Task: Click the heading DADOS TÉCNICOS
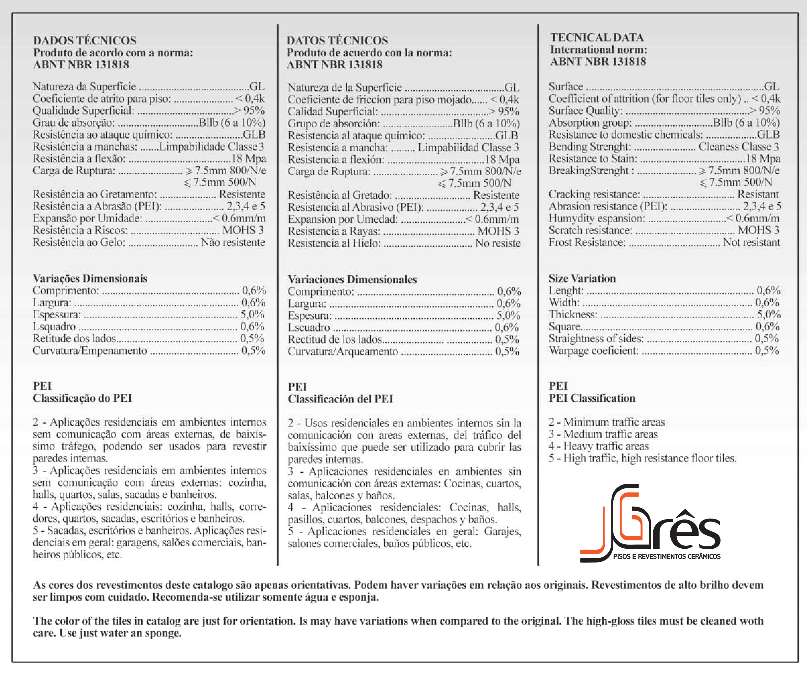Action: pyautogui.click(x=85, y=40)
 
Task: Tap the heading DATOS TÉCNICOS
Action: pyautogui.click(x=337, y=40)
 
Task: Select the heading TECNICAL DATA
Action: pyautogui.click(x=597, y=37)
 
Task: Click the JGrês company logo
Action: pyautogui.click(x=649, y=522)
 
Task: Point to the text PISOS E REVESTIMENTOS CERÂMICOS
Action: pyautogui.click(x=666, y=557)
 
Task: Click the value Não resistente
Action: pyautogui.click(x=233, y=242)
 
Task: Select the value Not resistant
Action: pyautogui.click(x=751, y=242)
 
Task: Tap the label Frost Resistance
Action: pyautogui.click(x=587, y=242)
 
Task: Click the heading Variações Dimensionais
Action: pyautogui.click(x=90, y=278)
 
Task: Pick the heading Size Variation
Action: pyautogui.click(x=582, y=278)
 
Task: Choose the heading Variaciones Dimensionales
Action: pyautogui.click(x=352, y=279)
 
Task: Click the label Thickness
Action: pyautogui.click(x=573, y=315)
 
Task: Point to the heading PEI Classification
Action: pyautogui.click(x=592, y=398)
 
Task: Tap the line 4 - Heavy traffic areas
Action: pyautogui.click(x=598, y=446)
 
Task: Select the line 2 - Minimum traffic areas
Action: pyautogui.click(x=606, y=422)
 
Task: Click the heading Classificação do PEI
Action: pyautogui.click(x=82, y=398)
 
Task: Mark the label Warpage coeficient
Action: pyautogui.click(x=593, y=351)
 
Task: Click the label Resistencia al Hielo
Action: pyautogui.click(x=334, y=243)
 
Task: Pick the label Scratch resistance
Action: pyautogui.click(x=590, y=230)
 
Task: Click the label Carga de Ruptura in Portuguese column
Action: pyautogui.click(x=74, y=170)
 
